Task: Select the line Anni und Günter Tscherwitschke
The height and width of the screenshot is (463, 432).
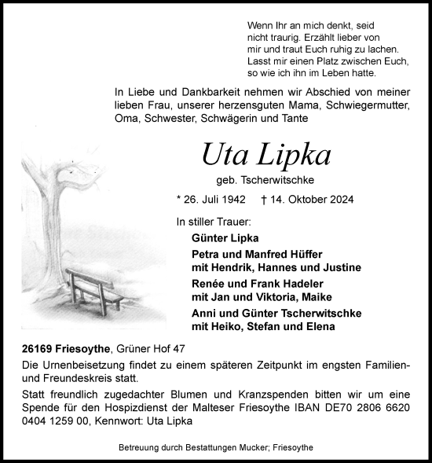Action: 276,313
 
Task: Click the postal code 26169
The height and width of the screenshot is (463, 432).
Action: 38,348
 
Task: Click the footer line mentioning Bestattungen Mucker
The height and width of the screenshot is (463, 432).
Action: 215,449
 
